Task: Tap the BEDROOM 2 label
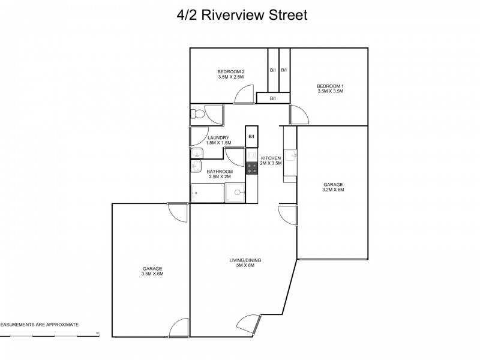(231, 71)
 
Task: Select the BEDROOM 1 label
(330, 86)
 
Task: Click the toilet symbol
(199, 113)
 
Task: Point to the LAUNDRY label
(218, 138)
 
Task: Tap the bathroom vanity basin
(196, 167)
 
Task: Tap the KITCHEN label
(271, 158)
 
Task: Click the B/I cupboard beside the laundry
(252, 137)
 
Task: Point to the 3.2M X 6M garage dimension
(332, 190)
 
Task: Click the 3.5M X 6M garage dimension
(152, 274)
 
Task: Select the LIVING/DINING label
(245, 260)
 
